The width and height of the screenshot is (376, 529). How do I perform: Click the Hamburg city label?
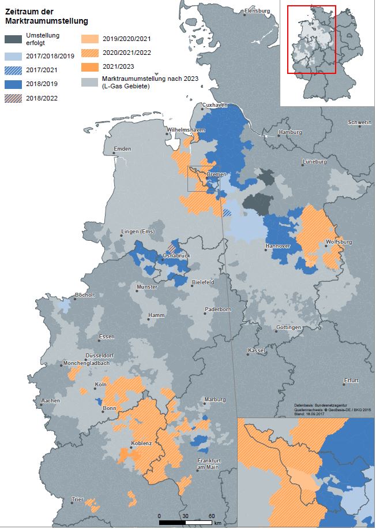pos(290,132)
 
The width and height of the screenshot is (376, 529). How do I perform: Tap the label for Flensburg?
pos(257,11)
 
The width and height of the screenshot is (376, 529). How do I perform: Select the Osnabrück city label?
pos(176,255)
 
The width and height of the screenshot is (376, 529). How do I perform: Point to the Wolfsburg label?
pos(339,242)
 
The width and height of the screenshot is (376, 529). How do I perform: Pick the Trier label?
pos(77,499)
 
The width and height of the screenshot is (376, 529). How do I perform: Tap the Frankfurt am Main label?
pos(208,463)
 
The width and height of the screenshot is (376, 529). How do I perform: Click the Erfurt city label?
pos(351,381)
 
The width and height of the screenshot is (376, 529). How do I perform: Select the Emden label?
pos(123,149)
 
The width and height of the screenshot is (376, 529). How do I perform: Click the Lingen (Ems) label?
pos(138,232)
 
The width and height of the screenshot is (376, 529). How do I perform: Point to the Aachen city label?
pos(51,400)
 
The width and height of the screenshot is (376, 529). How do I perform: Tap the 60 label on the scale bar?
pos(212,516)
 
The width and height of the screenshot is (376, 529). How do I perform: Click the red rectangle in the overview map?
pos(311,39)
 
